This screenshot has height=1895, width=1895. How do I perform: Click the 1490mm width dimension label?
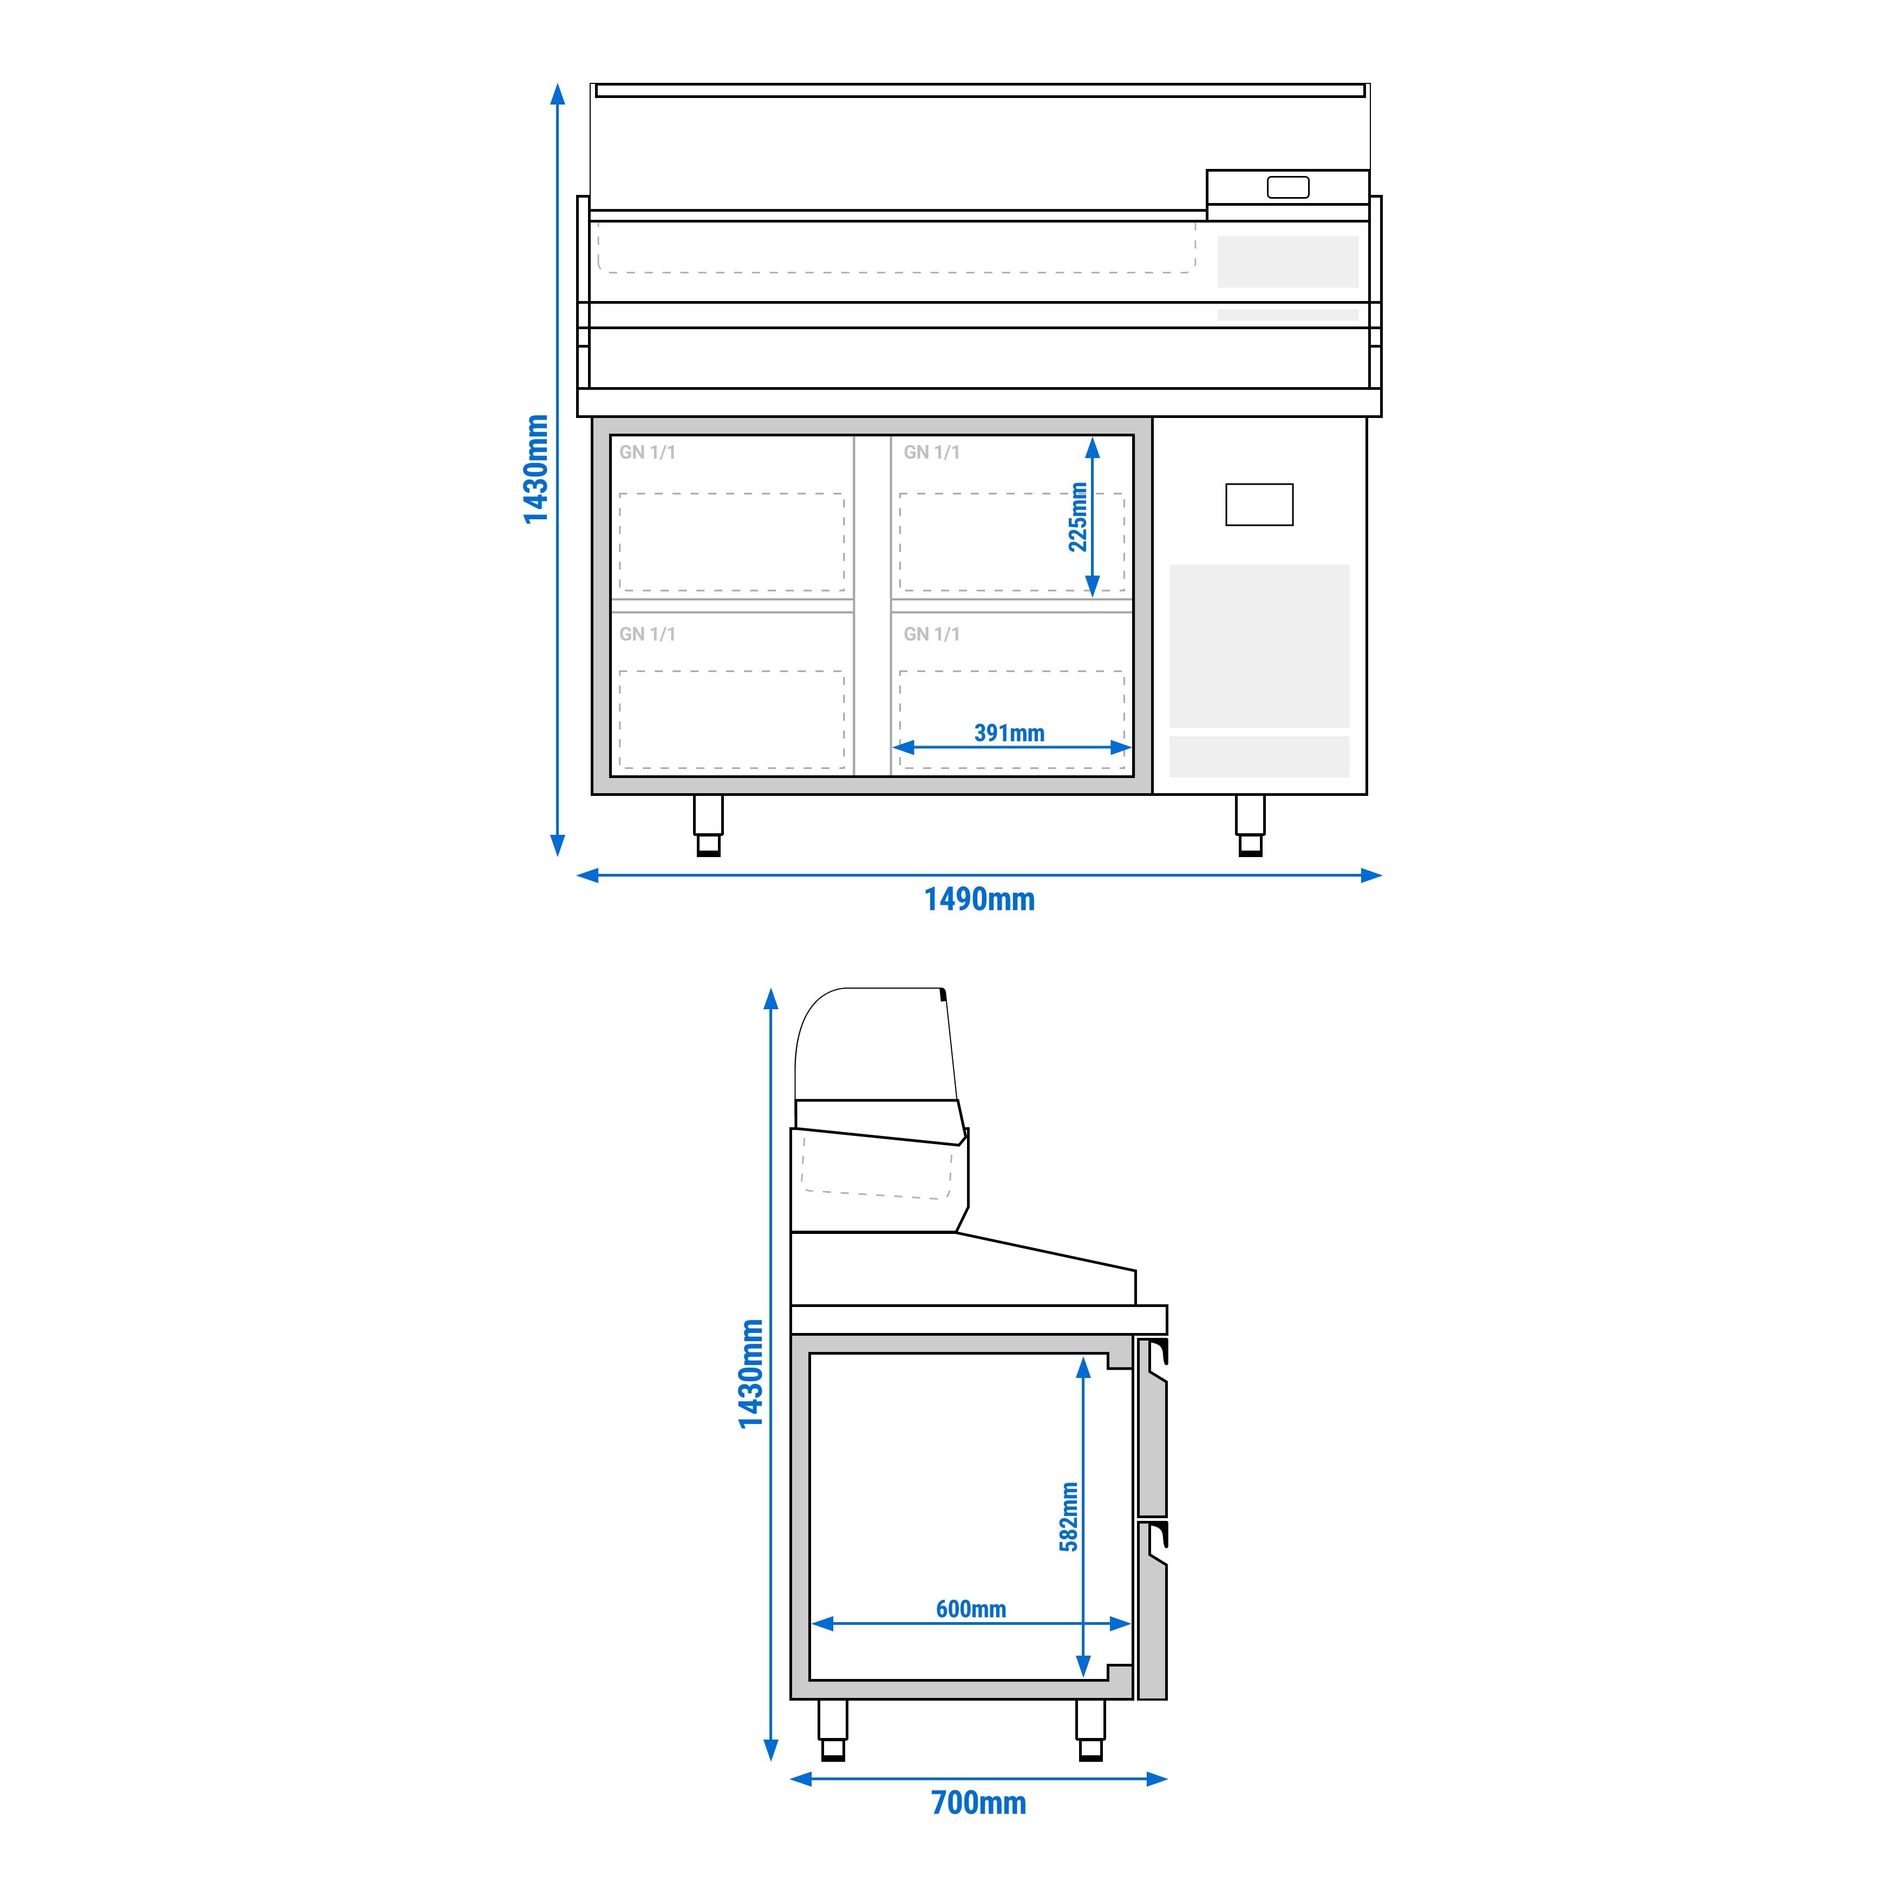979,899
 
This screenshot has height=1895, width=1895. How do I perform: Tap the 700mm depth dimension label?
978,1803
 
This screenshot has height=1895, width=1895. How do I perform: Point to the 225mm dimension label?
1078,517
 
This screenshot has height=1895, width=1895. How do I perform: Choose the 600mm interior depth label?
971,1609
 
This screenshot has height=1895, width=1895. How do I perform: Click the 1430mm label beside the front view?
535,469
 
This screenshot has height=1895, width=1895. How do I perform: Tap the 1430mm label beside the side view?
750,1373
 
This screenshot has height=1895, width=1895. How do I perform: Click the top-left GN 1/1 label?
648,452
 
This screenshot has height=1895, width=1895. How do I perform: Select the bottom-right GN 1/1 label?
932,635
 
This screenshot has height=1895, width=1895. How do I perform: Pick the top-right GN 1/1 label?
932,452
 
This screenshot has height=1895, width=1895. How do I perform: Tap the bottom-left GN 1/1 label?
648,635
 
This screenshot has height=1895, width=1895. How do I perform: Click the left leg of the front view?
708,825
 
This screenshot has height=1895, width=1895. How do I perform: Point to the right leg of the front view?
1251,825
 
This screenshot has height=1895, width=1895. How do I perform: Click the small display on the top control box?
1288,187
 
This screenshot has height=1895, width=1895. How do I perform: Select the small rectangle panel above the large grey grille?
1259,504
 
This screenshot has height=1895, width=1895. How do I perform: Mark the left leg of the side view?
833,1730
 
